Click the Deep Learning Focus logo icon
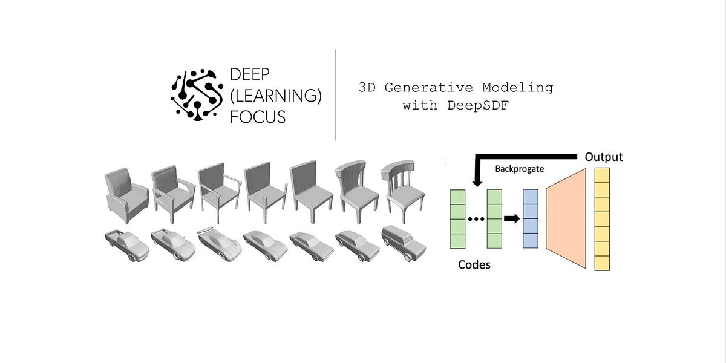194,95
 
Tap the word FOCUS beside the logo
258,116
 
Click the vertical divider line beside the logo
335,95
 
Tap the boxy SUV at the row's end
404,243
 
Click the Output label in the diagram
603,157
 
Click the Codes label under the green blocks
474,264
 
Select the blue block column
530,218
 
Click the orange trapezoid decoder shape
567,218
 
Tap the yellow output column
602,219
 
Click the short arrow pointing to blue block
512,219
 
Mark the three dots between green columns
476,219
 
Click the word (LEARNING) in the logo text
275,95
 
